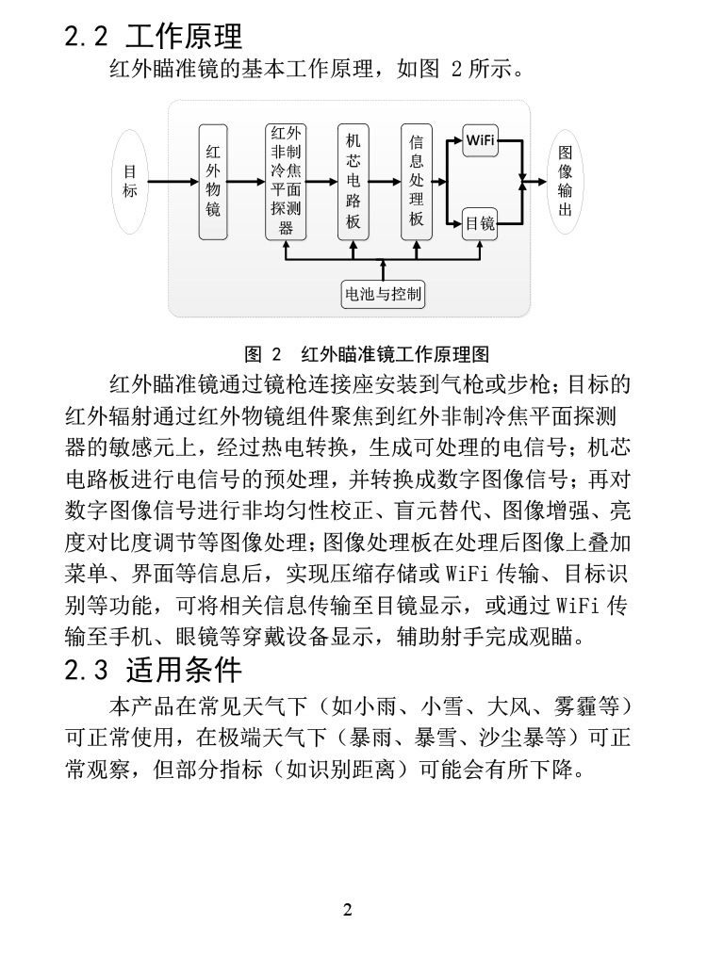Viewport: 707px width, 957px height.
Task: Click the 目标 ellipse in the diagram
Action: (130, 181)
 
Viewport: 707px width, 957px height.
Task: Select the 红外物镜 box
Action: (214, 181)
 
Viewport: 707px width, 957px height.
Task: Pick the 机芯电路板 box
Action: (353, 181)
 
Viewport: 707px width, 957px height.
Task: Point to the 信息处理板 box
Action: (416, 181)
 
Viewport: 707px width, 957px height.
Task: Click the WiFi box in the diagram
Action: (480, 140)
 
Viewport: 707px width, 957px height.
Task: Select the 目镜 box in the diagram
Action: (480, 223)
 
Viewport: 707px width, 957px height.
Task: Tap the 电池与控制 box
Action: (383, 294)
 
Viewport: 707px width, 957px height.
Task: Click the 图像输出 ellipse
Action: (564, 181)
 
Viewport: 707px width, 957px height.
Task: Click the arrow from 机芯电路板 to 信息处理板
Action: (385, 181)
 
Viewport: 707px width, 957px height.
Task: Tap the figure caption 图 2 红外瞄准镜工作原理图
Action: (367, 355)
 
